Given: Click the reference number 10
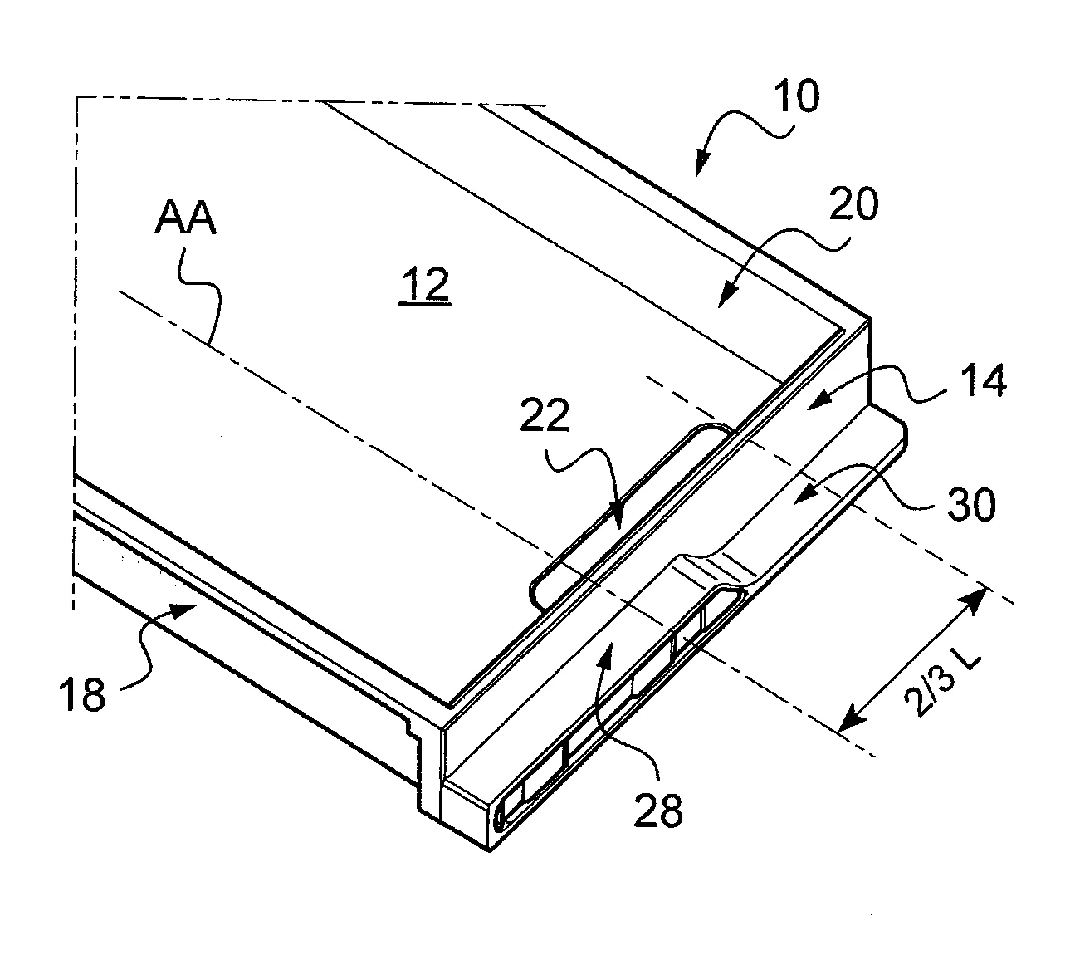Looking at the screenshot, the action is coord(796,96).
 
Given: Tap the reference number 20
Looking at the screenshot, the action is coord(853,204).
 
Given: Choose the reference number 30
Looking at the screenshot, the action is coord(971,504).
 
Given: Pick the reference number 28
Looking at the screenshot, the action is coord(658,809).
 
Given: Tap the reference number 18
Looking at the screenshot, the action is coord(83,693).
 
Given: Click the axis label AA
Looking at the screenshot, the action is coord(186,218).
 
